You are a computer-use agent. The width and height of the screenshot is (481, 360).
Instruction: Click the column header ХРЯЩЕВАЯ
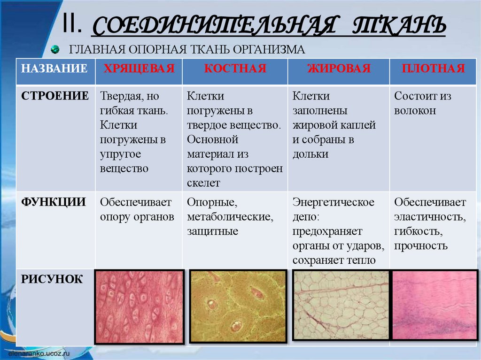pos(139,69)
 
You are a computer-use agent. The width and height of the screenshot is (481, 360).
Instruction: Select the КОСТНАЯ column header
pos(235,69)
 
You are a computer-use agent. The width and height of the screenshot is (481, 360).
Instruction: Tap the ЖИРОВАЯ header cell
pos(339,69)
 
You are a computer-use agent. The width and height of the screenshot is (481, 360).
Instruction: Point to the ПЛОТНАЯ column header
pos(433,69)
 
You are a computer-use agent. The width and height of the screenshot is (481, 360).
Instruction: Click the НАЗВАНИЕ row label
pos(54,69)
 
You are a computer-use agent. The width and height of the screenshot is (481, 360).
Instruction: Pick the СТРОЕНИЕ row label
pos(54,96)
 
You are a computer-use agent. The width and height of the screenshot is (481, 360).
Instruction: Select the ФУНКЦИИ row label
pos(53,202)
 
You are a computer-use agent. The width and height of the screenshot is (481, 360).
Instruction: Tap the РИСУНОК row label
pos(52,280)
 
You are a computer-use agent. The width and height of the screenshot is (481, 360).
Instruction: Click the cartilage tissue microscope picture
pos(139,306)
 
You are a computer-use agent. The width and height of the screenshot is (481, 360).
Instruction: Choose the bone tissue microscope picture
pos(238,306)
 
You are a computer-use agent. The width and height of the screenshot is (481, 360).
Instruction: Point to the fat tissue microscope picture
pos(341,305)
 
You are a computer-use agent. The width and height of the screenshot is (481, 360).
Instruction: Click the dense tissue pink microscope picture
pos(434,305)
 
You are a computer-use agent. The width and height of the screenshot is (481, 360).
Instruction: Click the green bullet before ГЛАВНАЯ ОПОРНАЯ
pos(55,49)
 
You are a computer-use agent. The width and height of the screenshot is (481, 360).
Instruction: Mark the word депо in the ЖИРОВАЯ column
pos(305,217)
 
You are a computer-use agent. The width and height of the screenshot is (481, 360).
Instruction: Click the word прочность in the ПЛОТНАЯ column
pos(421,245)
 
